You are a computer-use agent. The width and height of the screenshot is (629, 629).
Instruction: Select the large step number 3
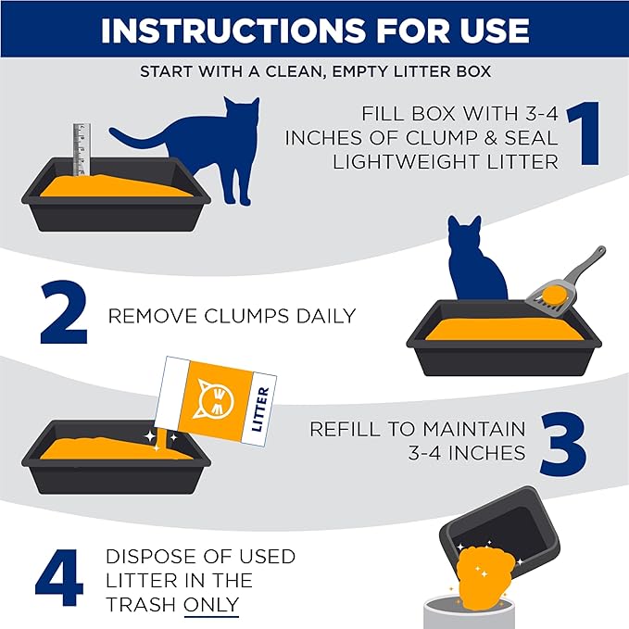pos(558,441)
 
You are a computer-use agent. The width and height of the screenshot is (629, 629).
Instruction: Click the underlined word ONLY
pos(211,604)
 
